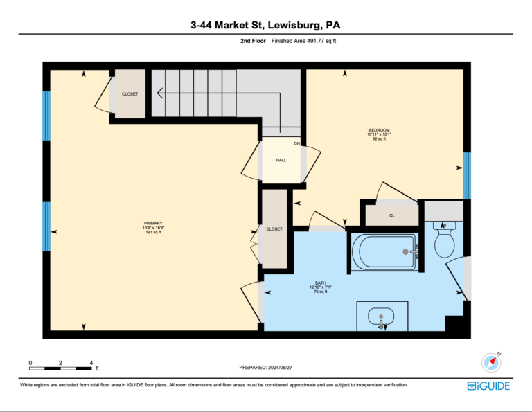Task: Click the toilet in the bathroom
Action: [445, 240]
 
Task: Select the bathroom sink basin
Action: [382, 316]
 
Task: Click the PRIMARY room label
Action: [153, 223]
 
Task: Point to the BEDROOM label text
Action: [379, 130]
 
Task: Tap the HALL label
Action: [281, 160]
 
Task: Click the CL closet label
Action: [392, 215]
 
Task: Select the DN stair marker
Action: [297, 143]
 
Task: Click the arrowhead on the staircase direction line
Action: [160, 93]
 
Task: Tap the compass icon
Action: [491, 362]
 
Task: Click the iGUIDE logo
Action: [488, 386]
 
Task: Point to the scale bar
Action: [60, 368]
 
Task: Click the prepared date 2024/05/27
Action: [280, 367]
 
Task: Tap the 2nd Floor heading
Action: [253, 41]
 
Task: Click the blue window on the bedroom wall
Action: [467, 176]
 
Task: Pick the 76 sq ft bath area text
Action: [320, 292]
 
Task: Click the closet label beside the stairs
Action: [130, 94]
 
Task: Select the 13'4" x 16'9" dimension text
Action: [153, 228]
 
